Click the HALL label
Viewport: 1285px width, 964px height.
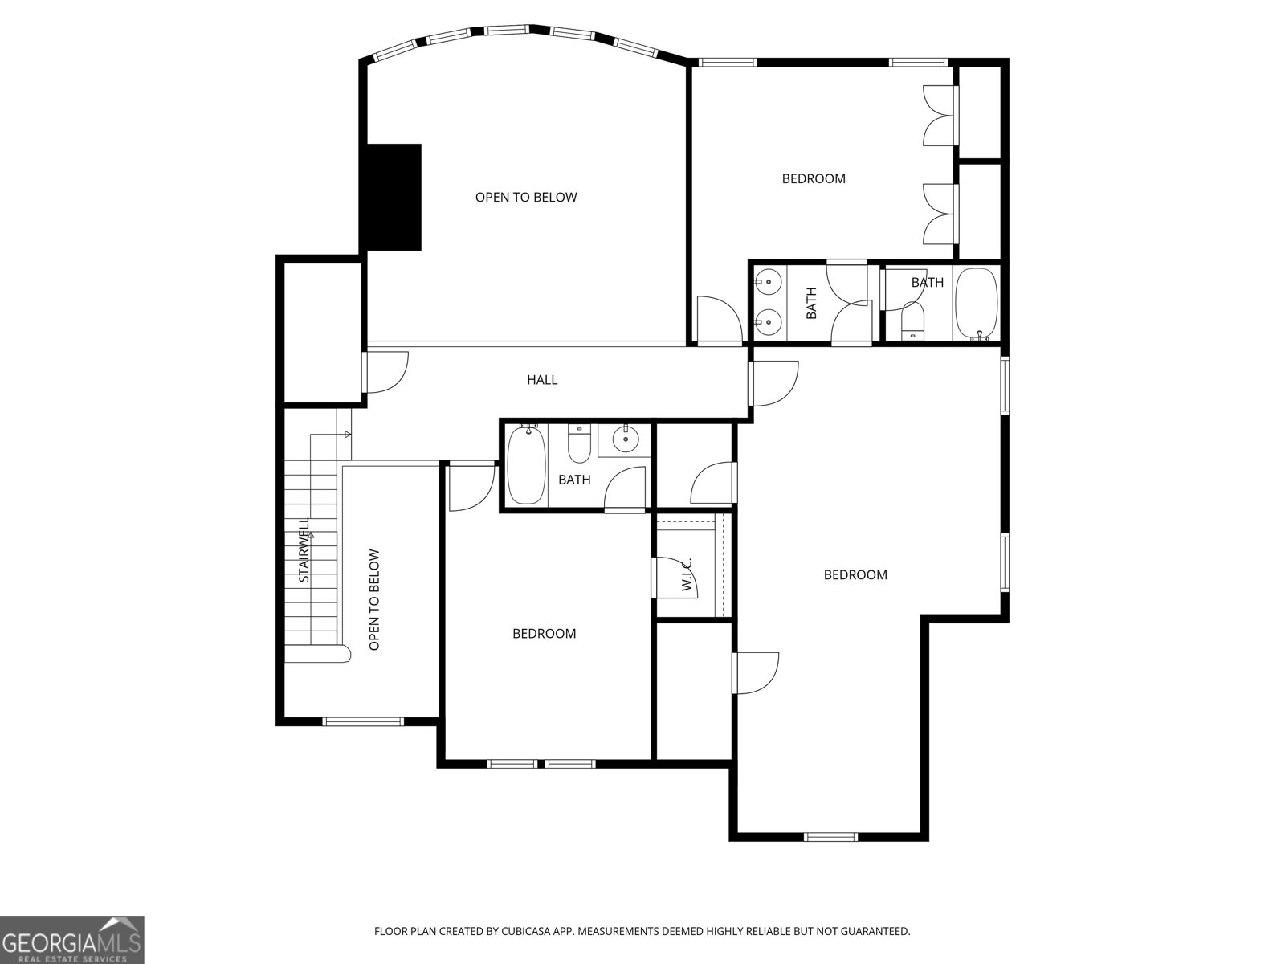point(542,379)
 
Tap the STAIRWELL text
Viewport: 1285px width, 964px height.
point(304,549)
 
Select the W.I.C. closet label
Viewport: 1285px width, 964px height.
point(687,574)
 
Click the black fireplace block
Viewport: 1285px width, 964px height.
point(394,197)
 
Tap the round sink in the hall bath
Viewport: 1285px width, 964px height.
point(625,439)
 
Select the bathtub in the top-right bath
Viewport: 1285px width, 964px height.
point(976,304)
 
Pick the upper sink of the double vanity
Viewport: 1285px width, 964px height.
point(769,282)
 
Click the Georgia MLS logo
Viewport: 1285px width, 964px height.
point(71,939)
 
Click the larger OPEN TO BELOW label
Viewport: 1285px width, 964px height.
point(526,197)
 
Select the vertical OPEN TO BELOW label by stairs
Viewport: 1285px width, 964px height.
point(373,599)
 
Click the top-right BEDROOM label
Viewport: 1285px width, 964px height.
point(814,178)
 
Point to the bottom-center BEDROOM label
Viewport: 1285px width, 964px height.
point(544,634)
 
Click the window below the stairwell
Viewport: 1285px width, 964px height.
point(363,721)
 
